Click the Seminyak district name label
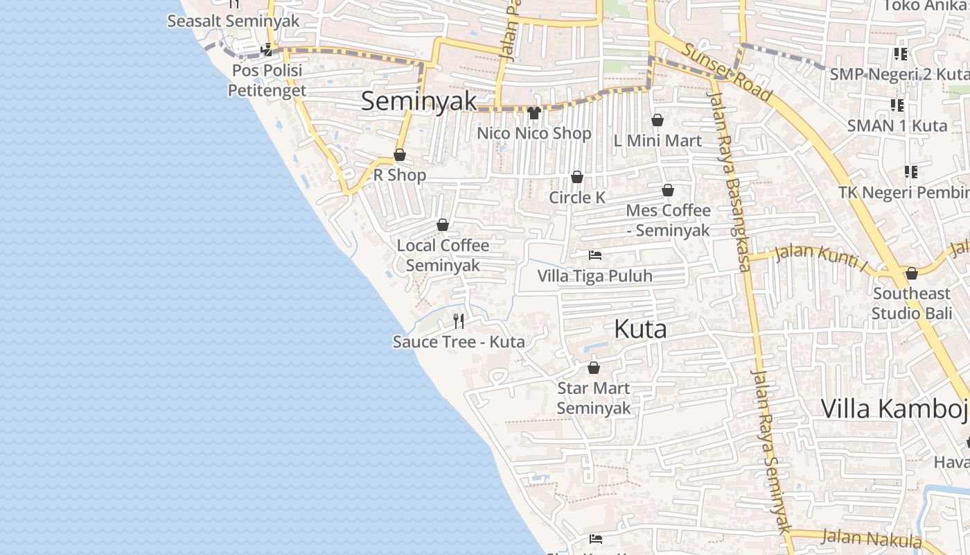point(419,101)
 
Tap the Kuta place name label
point(640,330)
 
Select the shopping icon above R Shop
point(400,155)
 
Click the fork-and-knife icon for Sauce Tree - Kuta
point(458,321)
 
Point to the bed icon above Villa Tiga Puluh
point(594,255)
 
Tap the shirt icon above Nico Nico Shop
point(533,112)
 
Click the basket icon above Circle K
point(576,178)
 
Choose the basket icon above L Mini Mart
point(657,121)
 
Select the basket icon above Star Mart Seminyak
point(593,368)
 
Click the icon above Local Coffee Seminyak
point(442,225)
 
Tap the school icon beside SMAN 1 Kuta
point(897,105)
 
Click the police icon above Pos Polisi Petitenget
point(267,50)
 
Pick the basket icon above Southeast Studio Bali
point(911,273)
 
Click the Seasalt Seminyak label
point(233,21)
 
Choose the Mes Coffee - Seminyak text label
point(668,220)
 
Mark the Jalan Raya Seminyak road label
point(770,451)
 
